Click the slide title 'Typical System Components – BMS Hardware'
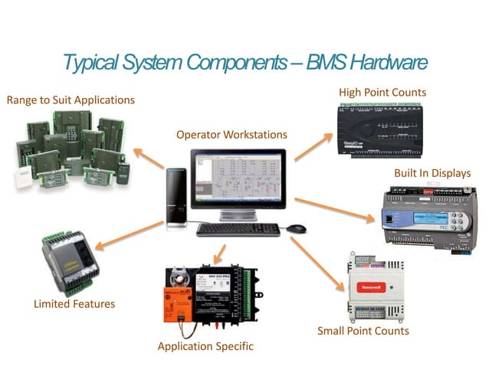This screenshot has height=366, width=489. (244, 61)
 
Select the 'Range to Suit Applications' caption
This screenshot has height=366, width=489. (71, 100)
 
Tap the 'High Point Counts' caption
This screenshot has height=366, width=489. (382, 93)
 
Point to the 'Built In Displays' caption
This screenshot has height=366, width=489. (432, 173)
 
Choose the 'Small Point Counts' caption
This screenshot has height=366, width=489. (363, 331)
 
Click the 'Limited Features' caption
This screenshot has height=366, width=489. (74, 304)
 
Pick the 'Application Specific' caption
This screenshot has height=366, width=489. (205, 346)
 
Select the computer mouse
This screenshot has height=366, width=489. (297, 228)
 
